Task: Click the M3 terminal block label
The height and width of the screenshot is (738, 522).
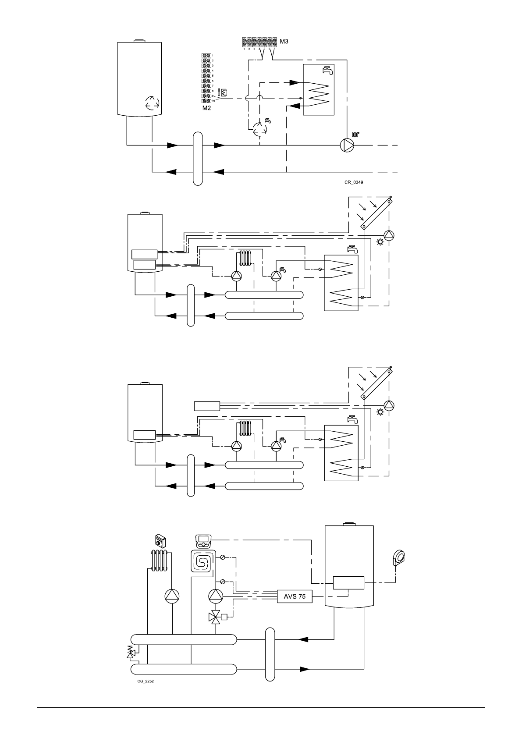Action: [x=284, y=42]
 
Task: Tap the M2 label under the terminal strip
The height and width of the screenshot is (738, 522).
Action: [x=206, y=108]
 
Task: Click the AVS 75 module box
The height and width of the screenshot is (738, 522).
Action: [x=295, y=596]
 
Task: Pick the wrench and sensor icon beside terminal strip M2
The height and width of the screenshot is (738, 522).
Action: [x=222, y=93]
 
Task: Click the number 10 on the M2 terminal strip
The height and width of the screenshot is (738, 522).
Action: [x=213, y=100]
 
